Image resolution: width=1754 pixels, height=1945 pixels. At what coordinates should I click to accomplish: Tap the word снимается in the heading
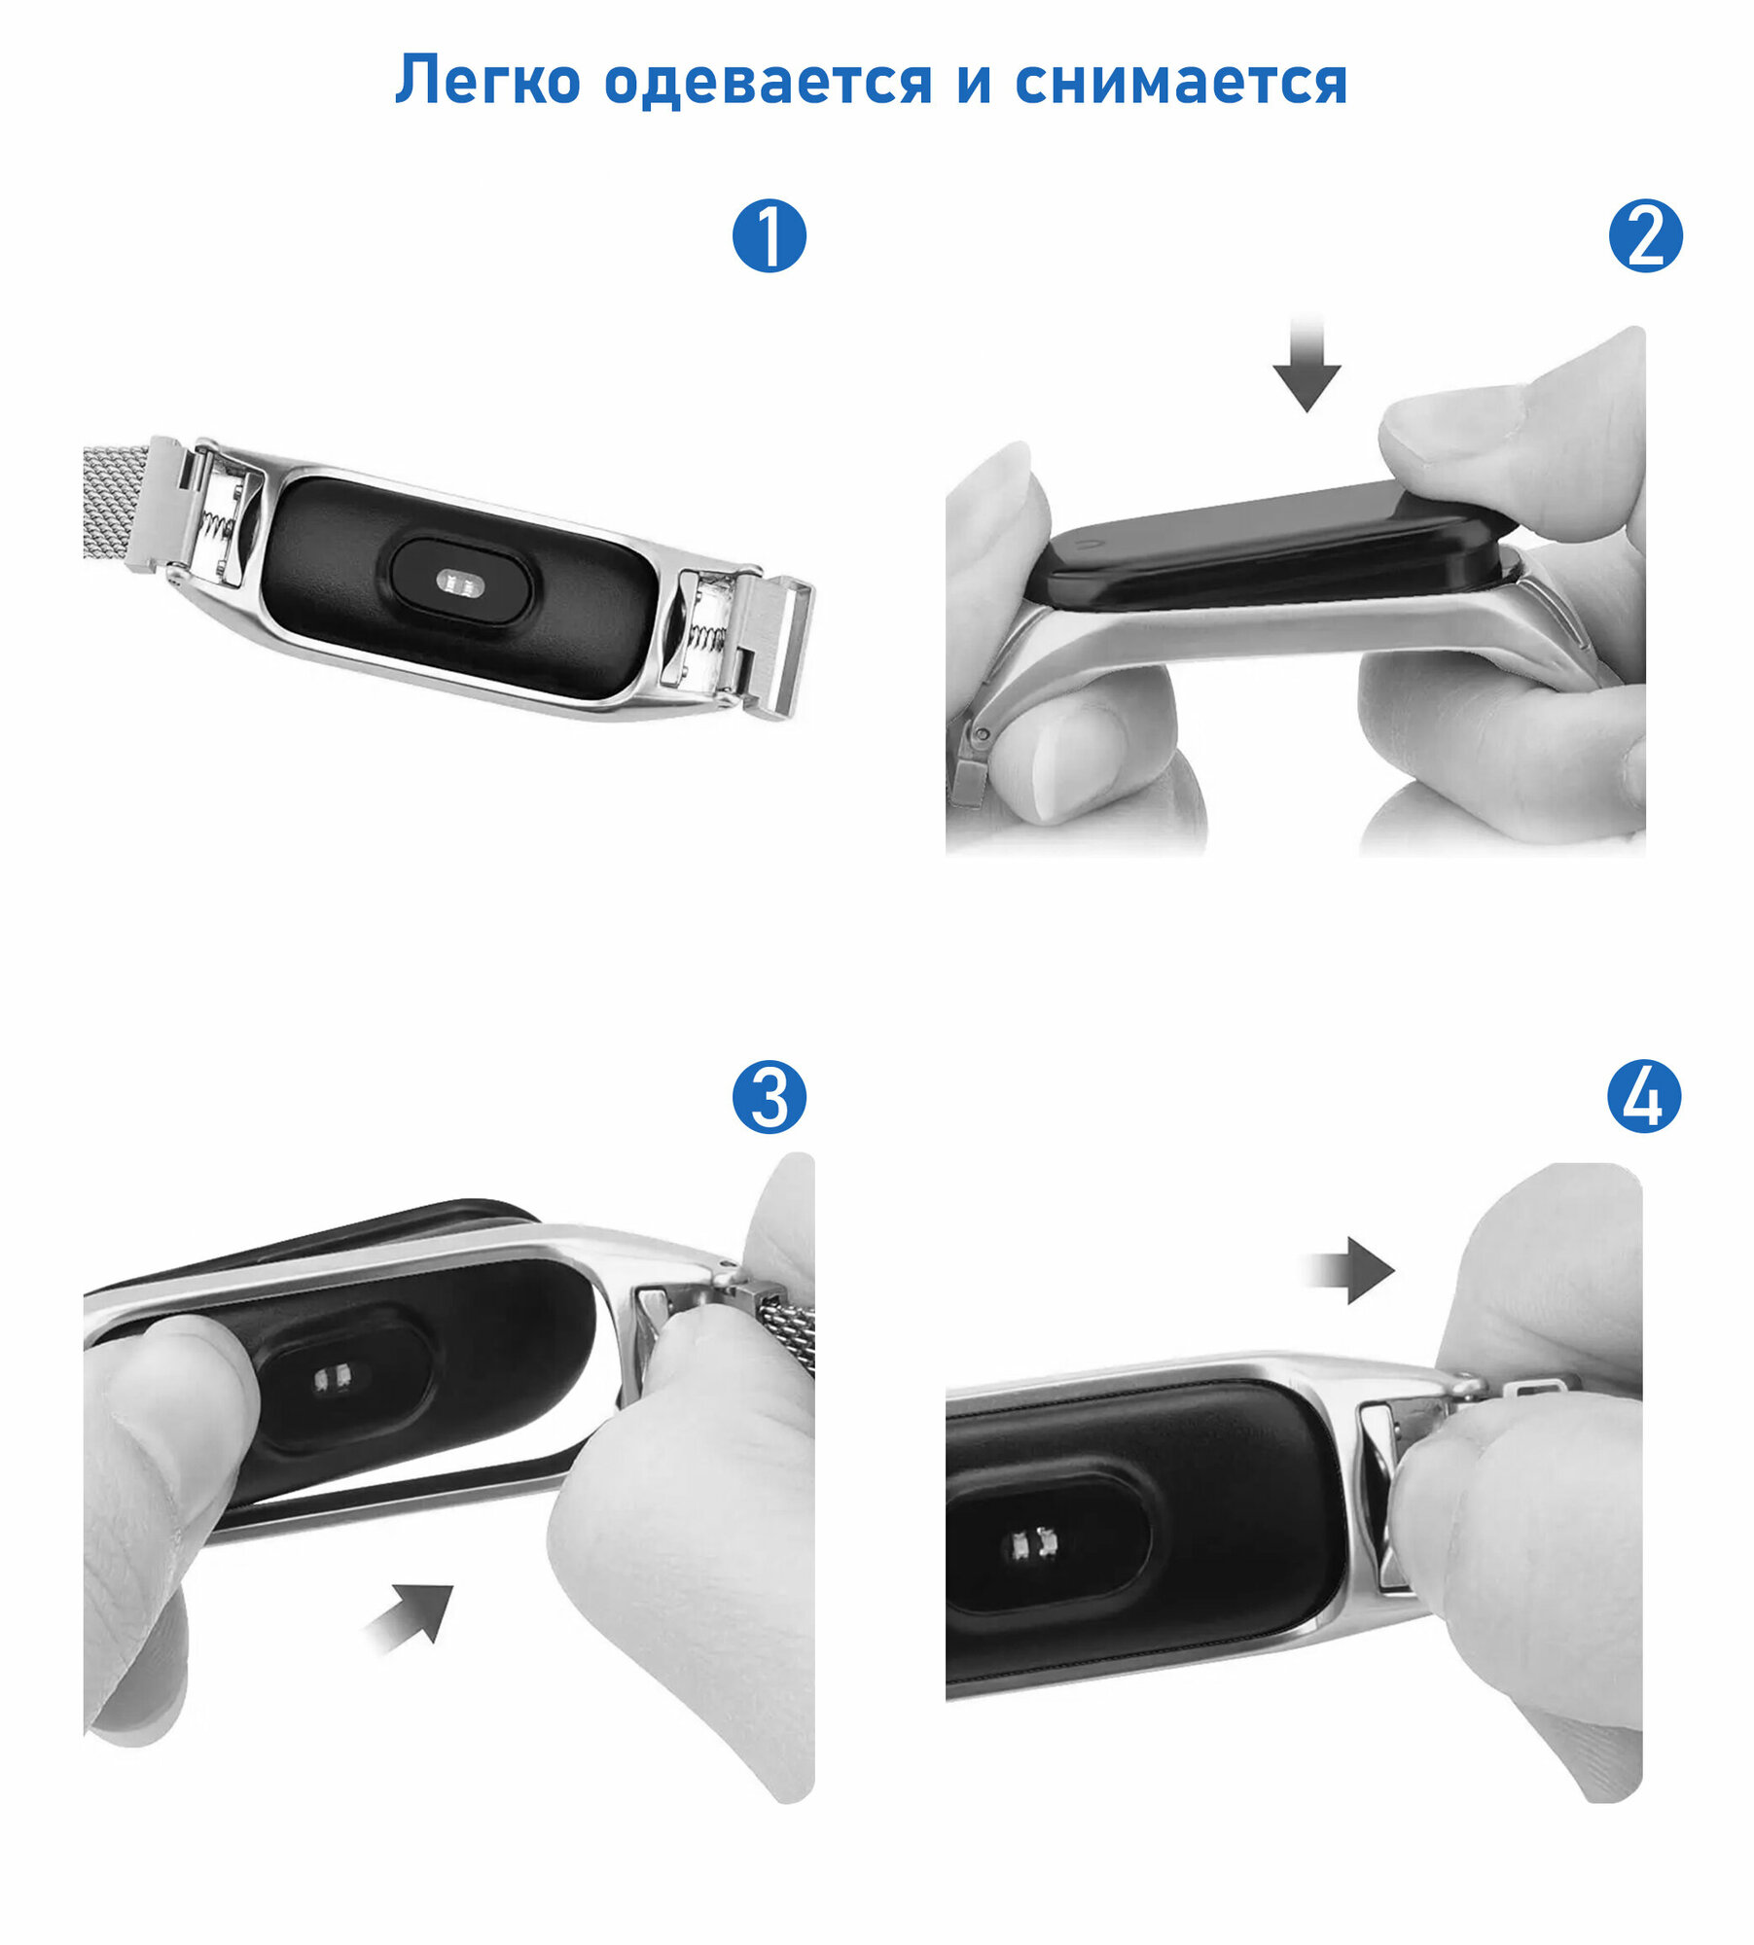pyautogui.click(x=1181, y=81)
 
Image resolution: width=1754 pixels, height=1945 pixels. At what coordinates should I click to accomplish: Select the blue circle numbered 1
pyautogui.click(x=769, y=235)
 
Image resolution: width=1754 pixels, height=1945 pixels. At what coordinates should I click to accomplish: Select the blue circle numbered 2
pyautogui.click(x=1645, y=235)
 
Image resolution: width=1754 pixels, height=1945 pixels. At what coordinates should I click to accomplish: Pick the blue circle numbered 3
pyautogui.click(x=769, y=1096)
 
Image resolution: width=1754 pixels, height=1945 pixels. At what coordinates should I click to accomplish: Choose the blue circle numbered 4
pyautogui.click(x=1645, y=1096)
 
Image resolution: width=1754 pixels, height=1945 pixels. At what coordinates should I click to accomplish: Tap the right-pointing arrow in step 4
pyautogui.click(x=1350, y=1269)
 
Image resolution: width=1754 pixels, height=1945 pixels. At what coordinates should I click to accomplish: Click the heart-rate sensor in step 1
pyautogui.click(x=460, y=583)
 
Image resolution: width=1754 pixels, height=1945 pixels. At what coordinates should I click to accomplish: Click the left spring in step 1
pyautogui.click(x=218, y=526)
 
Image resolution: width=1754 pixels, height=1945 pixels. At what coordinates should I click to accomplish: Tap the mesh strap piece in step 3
pyautogui.click(x=784, y=1331)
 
